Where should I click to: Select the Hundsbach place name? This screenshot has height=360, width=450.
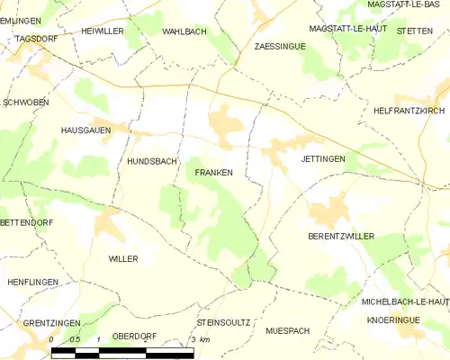(x=152, y=163)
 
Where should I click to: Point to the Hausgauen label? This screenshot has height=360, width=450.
(x=85, y=130)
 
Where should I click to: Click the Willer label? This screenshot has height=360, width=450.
(x=123, y=258)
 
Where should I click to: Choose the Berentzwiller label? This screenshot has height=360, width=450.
(x=340, y=236)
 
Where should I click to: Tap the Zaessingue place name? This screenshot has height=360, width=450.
(x=278, y=45)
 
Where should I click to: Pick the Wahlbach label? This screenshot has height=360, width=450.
(x=184, y=31)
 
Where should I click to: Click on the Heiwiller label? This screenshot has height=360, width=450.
(x=103, y=31)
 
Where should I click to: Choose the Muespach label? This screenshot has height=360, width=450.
(x=287, y=331)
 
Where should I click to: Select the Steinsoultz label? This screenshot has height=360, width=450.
(x=222, y=321)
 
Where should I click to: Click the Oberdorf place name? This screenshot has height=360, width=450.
(x=134, y=336)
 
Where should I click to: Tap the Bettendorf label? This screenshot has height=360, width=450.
(x=22, y=221)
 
